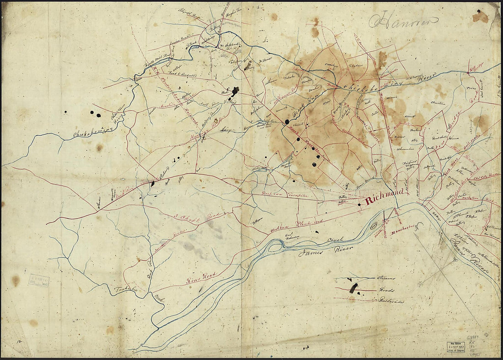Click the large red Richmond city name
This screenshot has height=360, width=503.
(384, 200)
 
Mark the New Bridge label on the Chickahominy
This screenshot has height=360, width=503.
(476, 70)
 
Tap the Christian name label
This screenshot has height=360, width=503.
(438, 104)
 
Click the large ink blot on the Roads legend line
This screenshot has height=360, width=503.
(353, 288)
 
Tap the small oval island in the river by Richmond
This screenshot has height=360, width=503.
(374, 225)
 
